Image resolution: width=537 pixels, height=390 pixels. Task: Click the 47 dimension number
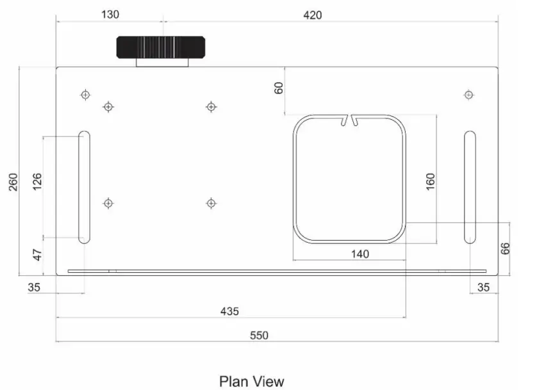[x=37, y=255]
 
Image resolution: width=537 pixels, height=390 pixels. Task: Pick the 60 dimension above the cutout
[x=279, y=88]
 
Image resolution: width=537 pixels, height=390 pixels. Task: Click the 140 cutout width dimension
[x=359, y=254]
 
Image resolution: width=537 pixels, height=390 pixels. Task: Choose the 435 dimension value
[x=229, y=311]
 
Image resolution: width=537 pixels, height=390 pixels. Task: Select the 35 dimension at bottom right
[x=483, y=288]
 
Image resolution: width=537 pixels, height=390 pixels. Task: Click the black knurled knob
[x=161, y=47]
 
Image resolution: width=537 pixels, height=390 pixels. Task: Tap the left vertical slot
[x=84, y=187]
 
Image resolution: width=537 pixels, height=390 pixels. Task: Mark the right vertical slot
[x=470, y=187]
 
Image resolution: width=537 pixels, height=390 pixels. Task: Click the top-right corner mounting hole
[x=468, y=95]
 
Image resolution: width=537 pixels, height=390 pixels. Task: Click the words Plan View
[x=251, y=382]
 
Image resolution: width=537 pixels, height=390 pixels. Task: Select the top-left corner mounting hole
[x=85, y=95]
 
